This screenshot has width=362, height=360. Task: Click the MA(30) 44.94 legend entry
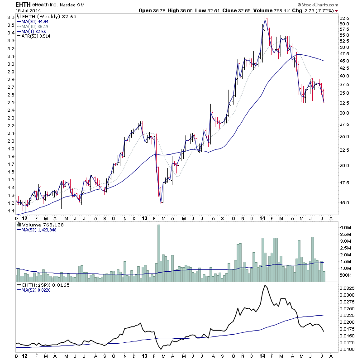[35, 21]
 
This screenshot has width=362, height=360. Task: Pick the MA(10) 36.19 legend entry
[35, 27]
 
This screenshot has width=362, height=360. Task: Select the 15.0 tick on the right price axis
[344, 202]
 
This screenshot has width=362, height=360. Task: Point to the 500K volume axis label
[346, 275]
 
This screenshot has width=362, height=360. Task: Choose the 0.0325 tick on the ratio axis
[347, 288]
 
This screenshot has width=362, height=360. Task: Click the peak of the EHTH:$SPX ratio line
[265, 286]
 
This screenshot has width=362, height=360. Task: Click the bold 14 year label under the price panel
[261, 218]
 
